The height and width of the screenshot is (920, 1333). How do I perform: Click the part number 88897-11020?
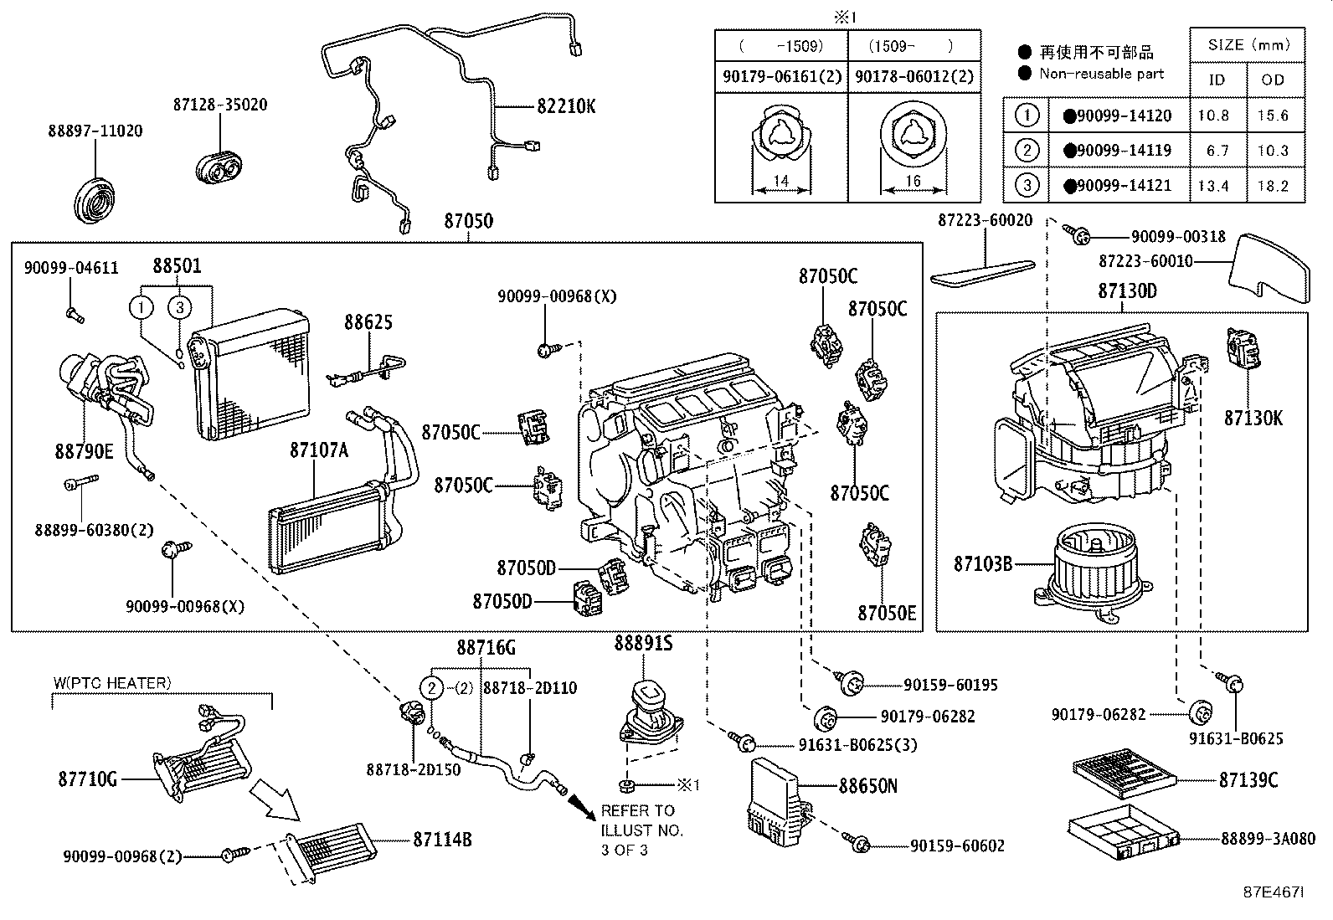pyautogui.click(x=95, y=131)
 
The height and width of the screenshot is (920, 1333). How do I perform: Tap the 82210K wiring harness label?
pyautogui.click(x=566, y=107)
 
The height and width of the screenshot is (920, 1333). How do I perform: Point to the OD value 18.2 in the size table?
pyautogui.click(x=1273, y=186)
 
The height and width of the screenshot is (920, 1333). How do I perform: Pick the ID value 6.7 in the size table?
pyautogui.click(x=1212, y=151)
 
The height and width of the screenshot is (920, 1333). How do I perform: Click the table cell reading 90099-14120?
pyautogui.click(x=1117, y=116)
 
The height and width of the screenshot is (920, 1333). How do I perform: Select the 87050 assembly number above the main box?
pyautogui.click(x=468, y=222)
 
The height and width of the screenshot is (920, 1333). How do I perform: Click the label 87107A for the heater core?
pyautogui.click(x=318, y=450)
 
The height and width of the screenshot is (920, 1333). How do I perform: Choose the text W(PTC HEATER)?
pyautogui.click(x=112, y=683)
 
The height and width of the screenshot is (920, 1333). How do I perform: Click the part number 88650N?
pyautogui.click(x=868, y=786)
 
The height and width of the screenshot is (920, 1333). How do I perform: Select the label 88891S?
pyautogui.click(x=643, y=643)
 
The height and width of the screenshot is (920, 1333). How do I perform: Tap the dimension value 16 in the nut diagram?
pyautogui.click(x=913, y=182)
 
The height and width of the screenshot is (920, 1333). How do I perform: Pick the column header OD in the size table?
pyautogui.click(x=1273, y=80)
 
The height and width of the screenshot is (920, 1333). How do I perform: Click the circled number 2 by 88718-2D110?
pyautogui.click(x=430, y=688)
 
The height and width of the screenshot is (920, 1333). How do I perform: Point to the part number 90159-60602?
pyautogui.click(x=957, y=846)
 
